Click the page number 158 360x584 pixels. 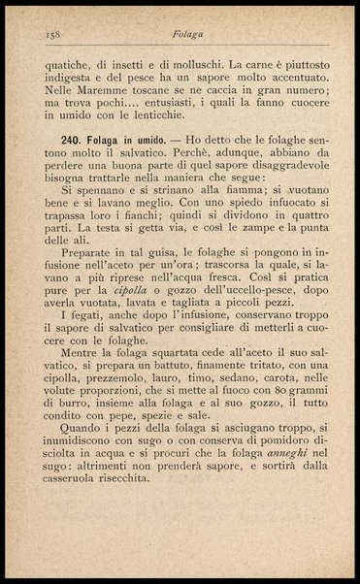pyautogui.click(x=53, y=33)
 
